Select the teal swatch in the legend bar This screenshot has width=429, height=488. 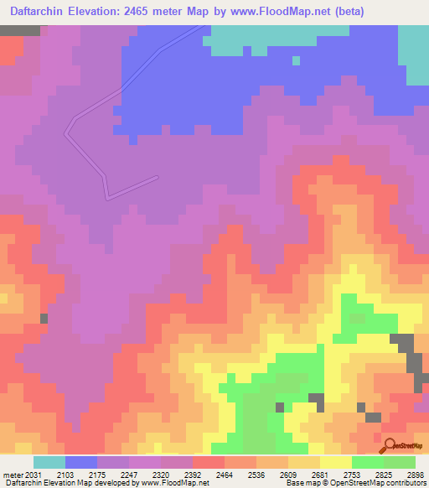click(x=49, y=462)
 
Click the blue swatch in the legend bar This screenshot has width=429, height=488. click(x=81, y=462)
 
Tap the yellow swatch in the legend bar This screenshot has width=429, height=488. click(x=336, y=462)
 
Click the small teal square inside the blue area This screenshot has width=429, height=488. click(x=296, y=60)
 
